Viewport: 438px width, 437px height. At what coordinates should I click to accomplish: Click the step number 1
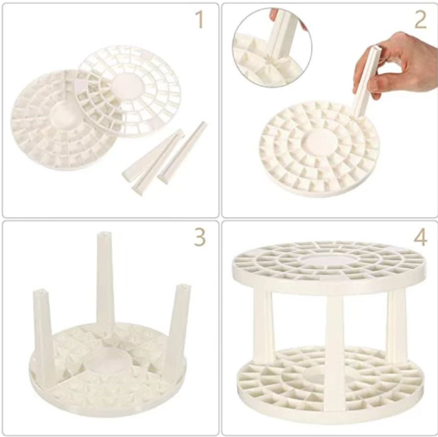click(200, 20)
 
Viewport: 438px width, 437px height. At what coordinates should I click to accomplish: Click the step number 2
click(420, 20)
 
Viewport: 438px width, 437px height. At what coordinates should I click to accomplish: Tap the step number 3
click(200, 237)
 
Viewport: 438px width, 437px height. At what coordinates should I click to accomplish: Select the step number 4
click(420, 237)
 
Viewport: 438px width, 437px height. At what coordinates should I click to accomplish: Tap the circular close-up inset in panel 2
click(272, 47)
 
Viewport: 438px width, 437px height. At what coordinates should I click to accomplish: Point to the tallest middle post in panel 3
click(105, 282)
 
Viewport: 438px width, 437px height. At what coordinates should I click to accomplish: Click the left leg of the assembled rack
click(263, 327)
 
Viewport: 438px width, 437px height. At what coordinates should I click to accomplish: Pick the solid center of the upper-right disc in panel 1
click(128, 85)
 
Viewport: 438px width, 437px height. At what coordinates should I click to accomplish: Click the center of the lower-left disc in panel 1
click(63, 114)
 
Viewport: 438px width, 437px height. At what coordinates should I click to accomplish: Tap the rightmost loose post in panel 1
click(183, 153)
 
